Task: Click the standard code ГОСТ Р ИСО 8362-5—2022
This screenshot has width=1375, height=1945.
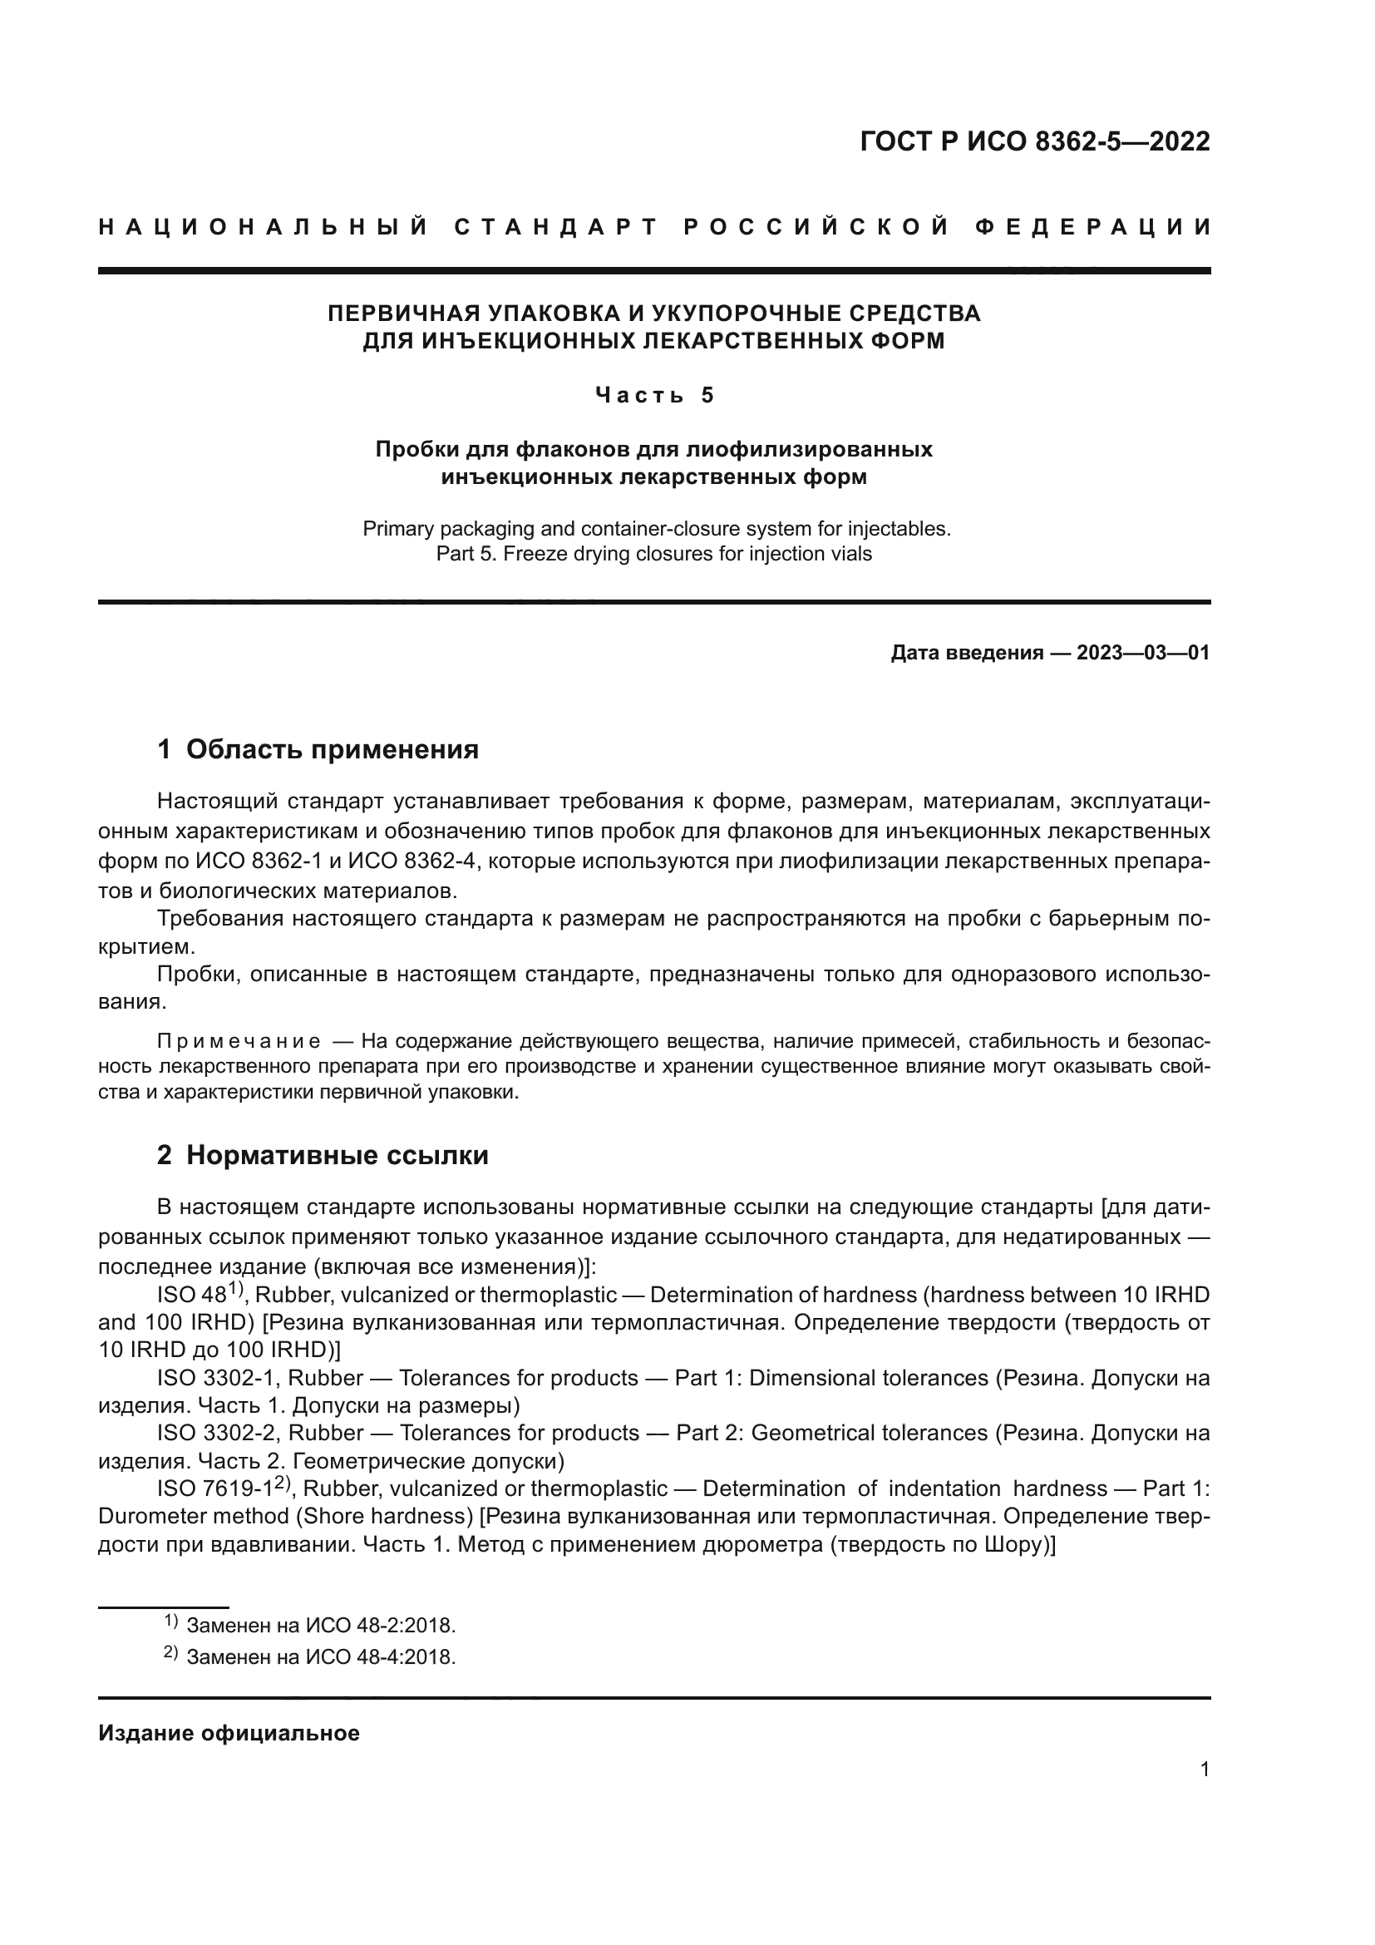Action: [1034, 141]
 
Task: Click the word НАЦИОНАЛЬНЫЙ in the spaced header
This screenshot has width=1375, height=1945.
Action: [264, 227]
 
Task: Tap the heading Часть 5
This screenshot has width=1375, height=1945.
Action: [654, 396]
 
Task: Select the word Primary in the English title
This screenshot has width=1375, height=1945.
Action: [398, 529]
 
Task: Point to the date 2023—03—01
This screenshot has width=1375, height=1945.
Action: [1143, 653]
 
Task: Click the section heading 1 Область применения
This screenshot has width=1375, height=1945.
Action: [318, 750]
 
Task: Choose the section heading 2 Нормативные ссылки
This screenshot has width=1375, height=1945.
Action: [323, 1156]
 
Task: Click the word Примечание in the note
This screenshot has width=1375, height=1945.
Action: [239, 1041]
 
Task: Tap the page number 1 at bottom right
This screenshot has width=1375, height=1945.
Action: [1205, 1770]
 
